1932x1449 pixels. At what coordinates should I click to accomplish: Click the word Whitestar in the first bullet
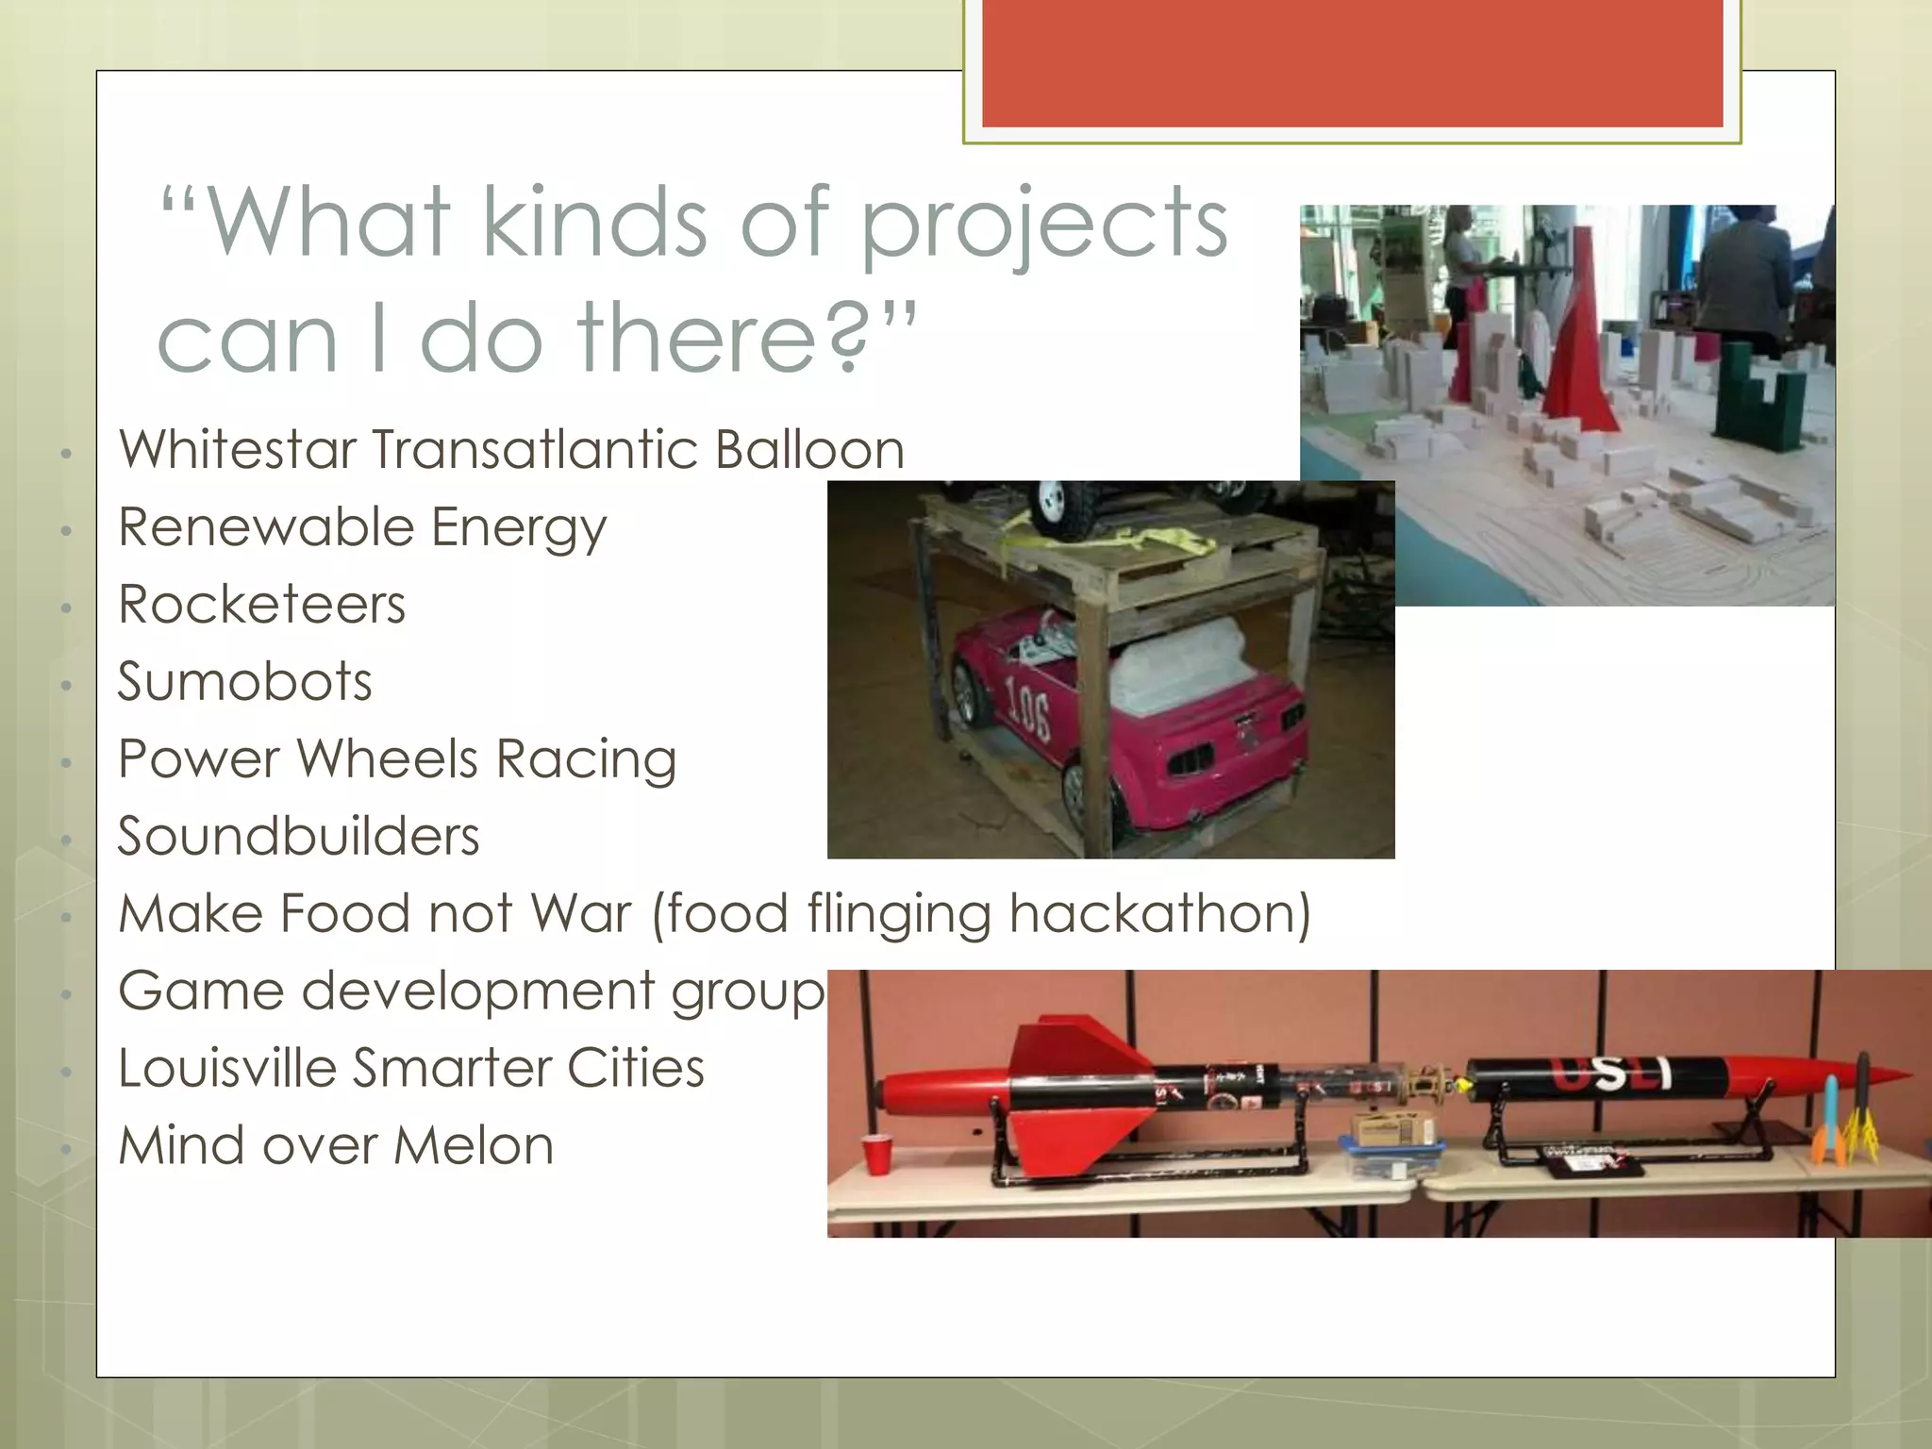(x=236, y=449)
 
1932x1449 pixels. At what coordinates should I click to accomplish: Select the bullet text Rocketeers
(x=261, y=605)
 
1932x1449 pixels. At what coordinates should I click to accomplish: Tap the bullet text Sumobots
(x=244, y=682)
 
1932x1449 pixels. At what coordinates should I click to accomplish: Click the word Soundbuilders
(x=298, y=837)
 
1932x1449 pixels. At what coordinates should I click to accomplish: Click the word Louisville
(x=226, y=1069)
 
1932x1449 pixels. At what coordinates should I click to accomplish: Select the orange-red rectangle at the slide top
(x=1352, y=62)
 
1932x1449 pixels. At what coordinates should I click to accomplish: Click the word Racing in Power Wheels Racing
(x=586, y=759)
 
